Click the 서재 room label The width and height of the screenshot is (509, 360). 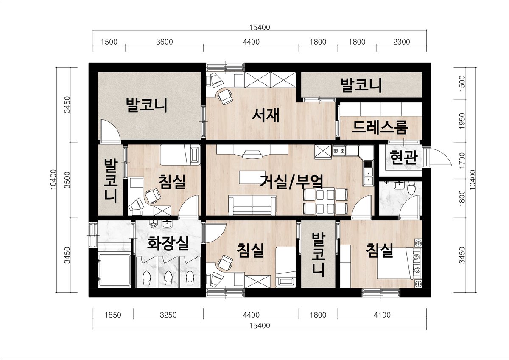[266, 115]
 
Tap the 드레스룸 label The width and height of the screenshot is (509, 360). [380, 127]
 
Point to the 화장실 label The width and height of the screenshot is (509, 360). [168, 243]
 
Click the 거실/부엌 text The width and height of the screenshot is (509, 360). [291, 182]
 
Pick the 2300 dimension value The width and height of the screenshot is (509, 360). [402, 42]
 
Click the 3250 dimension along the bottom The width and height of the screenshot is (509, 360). [168, 315]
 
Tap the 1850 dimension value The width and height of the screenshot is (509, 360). [113, 315]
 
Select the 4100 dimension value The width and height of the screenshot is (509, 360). [382, 315]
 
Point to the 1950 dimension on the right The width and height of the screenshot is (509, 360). [462, 121]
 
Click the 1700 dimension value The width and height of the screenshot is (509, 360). [462, 160]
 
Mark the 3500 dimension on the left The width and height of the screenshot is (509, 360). [67, 180]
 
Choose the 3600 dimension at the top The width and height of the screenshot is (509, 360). [165, 42]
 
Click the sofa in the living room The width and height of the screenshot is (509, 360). [252, 205]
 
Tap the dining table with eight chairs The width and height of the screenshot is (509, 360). [325, 201]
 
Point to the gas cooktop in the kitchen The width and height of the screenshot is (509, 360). [339, 151]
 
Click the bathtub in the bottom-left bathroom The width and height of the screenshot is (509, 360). [114, 270]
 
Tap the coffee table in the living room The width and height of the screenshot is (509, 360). [252, 177]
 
